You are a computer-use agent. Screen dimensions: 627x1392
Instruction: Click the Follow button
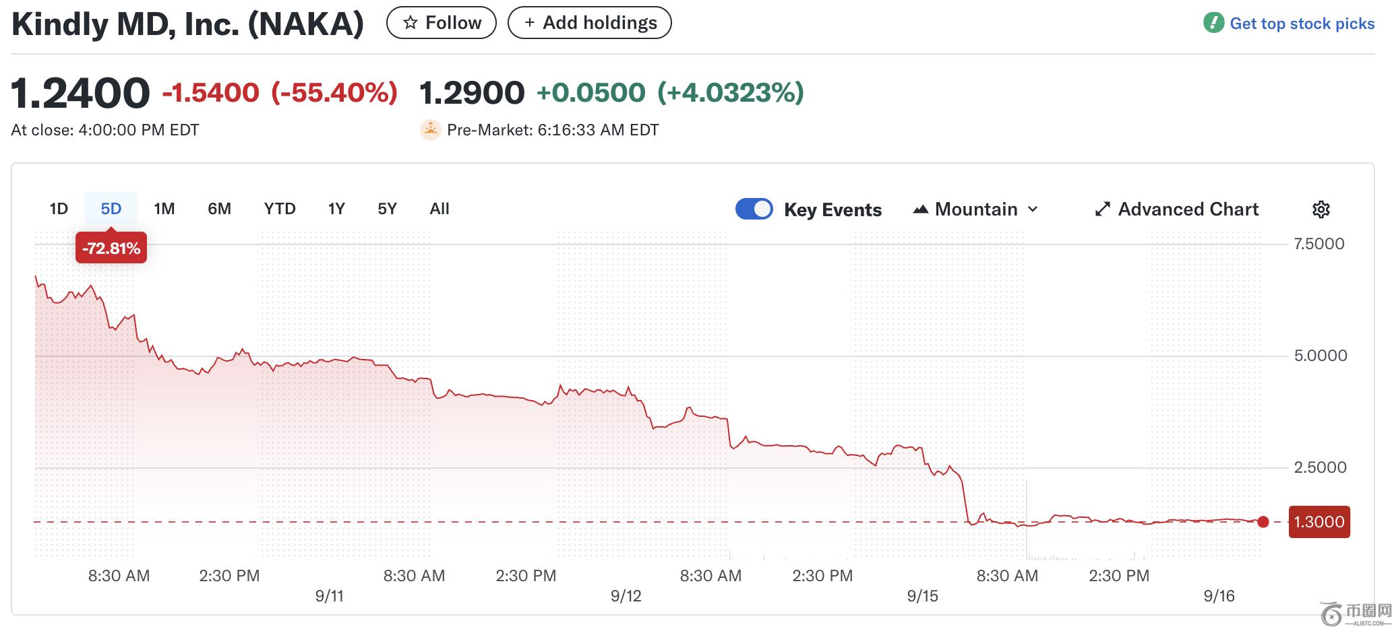[x=442, y=23]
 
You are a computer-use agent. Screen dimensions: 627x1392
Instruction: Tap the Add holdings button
[x=589, y=23]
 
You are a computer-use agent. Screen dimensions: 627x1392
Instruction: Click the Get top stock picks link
[x=1289, y=24]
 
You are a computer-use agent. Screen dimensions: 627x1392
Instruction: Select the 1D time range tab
[x=59, y=209]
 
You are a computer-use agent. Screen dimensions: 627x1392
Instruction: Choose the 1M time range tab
[x=164, y=209]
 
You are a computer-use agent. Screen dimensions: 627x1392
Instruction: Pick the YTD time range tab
[x=280, y=209]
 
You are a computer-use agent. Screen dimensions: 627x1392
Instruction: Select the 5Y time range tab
[x=387, y=209]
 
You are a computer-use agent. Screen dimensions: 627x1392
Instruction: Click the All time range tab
[x=440, y=209]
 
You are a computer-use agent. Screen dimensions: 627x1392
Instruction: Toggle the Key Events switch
[x=754, y=209]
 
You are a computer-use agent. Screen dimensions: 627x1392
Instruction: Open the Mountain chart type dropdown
[x=975, y=209]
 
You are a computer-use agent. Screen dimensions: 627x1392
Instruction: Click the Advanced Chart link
[x=1177, y=209]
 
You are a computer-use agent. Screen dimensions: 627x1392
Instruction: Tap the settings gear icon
[x=1321, y=209]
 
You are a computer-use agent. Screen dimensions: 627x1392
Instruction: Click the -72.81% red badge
[x=111, y=249]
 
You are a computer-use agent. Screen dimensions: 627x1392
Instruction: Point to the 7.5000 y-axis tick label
[x=1319, y=244]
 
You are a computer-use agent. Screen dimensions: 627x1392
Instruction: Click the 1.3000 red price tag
[x=1319, y=522]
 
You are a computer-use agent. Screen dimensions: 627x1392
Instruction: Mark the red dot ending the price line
[x=1263, y=522]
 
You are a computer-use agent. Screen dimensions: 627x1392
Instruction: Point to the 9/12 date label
[x=626, y=596]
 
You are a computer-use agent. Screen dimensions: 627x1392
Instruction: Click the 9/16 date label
[x=1219, y=596]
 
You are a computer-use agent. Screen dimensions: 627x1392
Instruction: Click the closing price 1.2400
[x=80, y=93]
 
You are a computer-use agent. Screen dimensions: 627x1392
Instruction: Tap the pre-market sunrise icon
[x=430, y=130]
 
